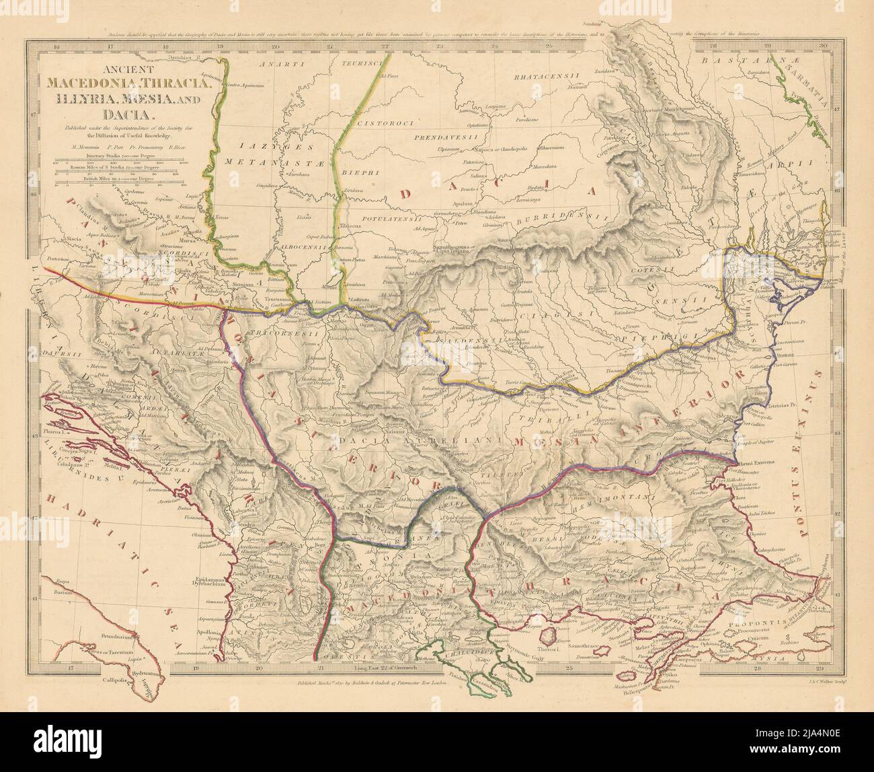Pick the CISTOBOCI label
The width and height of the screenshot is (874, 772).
click(x=379, y=124)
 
